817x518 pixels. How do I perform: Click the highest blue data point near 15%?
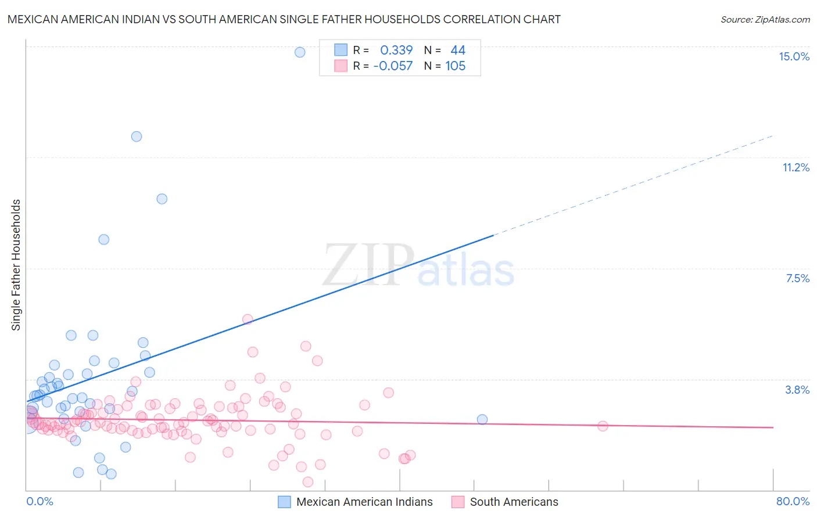coord(300,52)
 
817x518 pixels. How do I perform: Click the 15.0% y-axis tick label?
coord(794,56)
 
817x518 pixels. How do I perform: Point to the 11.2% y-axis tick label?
coord(795,167)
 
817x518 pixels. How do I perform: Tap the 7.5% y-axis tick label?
coord(797,278)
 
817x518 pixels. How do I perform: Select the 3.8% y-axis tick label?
coord(797,390)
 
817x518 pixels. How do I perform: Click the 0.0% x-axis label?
coord(40,501)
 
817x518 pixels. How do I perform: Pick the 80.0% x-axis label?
coord(793,501)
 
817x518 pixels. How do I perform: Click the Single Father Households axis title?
coord(16,265)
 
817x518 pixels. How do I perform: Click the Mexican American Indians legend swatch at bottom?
coord(284,502)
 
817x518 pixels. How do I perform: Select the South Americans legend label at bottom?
coord(514,502)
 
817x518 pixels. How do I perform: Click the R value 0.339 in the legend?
coord(396,51)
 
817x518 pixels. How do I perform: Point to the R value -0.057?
coord(393,66)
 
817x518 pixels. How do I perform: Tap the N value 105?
coord(456,66)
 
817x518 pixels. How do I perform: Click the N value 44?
coord(458,51)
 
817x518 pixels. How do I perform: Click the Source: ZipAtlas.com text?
coord(765,20)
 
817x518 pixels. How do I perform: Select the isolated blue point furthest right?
coord(482,419)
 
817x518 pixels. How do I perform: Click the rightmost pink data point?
coord(603,426)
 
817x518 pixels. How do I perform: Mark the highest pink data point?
coord(248,319)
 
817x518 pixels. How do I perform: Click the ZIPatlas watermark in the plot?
coord(418,266)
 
